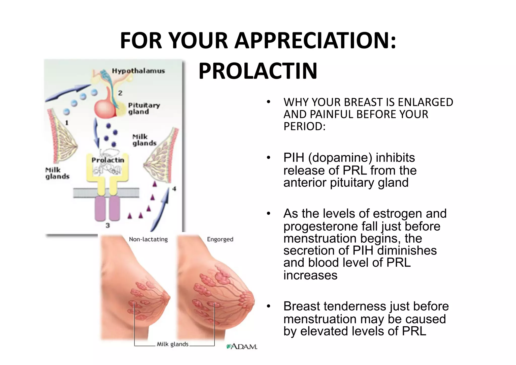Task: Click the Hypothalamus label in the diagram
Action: pos(138,71)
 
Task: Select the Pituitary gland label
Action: pos(144,108)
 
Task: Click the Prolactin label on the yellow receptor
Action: pos(108,160)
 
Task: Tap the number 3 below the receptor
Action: pos(108,225)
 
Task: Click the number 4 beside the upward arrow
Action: pos(174,188)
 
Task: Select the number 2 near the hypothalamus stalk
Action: pos(120,93)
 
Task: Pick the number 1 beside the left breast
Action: pos(67,123)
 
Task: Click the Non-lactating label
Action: pos(148,239)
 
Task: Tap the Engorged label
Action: pos(220,239)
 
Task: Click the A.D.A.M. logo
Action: pos(242,347)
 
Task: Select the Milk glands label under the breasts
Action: pos(173,344)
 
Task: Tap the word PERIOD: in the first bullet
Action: pos(304,126)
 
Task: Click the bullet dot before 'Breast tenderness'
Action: pos(269,306)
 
